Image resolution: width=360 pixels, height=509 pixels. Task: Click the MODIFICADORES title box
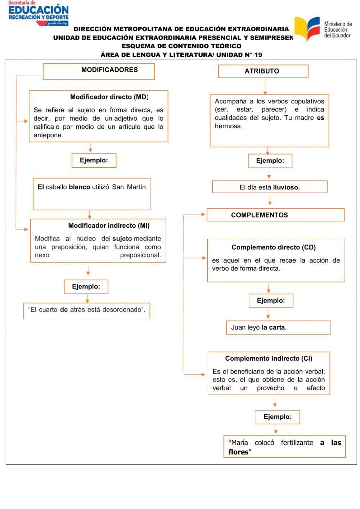pos(99,71)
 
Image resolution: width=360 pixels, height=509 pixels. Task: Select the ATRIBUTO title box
pos(263,71)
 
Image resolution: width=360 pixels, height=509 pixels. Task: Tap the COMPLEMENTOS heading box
pos(275,215)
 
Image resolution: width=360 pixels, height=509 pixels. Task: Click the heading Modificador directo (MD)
pos(109,97)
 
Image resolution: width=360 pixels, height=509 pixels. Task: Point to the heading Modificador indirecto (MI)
pos(109,226)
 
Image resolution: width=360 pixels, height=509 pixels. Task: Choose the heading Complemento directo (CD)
pos(273,247)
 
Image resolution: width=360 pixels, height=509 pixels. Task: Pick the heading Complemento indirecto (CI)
pos(269,358)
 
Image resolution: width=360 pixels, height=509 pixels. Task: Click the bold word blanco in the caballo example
pos(79,187)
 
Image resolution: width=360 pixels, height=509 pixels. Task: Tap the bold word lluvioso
pos(286,187)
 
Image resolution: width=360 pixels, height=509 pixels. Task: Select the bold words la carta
pos(273,327)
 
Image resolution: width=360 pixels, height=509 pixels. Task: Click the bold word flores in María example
pos(238,452)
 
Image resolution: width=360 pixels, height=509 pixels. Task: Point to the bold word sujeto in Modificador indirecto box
pos(122,238)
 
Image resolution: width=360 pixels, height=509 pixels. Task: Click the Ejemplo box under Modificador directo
pos(94,160)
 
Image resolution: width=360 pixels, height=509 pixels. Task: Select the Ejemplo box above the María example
pos(277,417)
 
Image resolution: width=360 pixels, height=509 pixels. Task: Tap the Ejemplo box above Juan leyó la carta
pos(271,300)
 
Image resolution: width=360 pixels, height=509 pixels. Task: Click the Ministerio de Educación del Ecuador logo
pos(323,29)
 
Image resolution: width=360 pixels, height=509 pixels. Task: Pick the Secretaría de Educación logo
pos(38,13)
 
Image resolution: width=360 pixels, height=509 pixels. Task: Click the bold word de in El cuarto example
pos(64,310)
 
